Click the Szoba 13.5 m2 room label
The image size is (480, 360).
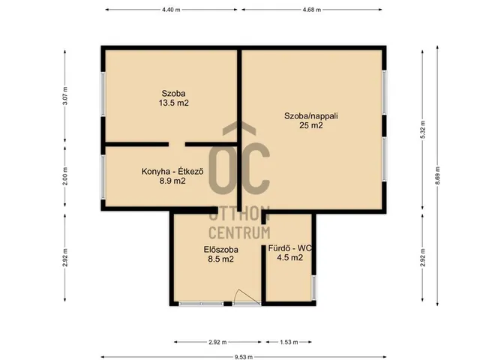coord(173,98)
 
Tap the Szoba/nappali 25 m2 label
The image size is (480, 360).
coord(311,121)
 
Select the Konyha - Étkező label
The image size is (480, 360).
coord(172,172)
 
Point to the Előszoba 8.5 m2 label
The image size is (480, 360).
coord(221,254)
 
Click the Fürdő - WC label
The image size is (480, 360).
coord(290,248)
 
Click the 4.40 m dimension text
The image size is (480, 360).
coord(171,10)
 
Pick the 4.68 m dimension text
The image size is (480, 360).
coord(312,10)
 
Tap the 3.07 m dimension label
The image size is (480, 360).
coord(65,96)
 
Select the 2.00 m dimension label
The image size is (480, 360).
coord(65,176)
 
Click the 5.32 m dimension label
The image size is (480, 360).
coord(423,130)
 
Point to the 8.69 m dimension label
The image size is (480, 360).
coord(437,175)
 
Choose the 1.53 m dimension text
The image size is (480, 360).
coord(289,342)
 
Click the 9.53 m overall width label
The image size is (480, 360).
coord(244,357)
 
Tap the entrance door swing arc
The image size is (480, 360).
coord(245,295)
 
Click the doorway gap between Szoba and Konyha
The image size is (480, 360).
coord(177,144)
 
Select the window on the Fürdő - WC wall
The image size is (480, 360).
coord(313,287)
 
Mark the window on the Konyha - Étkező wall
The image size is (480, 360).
coord(103,178)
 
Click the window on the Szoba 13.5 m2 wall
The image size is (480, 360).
coord(103,94)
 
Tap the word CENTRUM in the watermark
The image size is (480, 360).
coord(239,232)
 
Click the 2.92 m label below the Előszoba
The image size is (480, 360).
coord(217,342)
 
